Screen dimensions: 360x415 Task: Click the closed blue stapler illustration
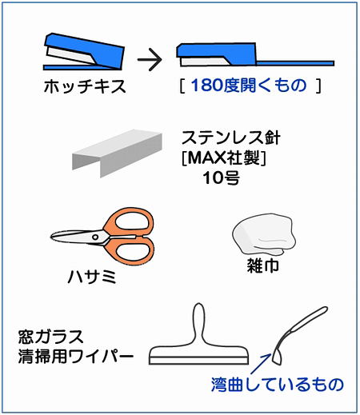point(84,52)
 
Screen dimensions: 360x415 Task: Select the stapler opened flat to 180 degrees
point(254,55)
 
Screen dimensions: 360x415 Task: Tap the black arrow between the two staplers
point(150,59)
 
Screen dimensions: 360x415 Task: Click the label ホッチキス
point(85,86)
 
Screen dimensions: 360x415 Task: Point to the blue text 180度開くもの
point(249,86)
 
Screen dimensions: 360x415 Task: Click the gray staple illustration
point(117,154)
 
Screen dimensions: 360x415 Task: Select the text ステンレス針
point(231,138)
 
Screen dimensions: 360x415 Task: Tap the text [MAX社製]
point(224,158)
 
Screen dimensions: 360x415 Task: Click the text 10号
point(222,178)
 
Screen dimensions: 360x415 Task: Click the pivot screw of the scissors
point(95,237)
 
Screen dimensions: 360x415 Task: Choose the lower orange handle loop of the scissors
point(130,250)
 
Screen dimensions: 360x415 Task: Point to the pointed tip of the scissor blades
point(51,237)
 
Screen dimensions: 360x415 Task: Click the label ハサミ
point(92,277)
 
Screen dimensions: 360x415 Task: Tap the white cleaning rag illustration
point(264,233)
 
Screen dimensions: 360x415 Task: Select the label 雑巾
point(263,265)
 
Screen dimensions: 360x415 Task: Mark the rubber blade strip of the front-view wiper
point(198,360)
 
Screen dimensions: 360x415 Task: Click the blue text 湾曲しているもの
point(278,385)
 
